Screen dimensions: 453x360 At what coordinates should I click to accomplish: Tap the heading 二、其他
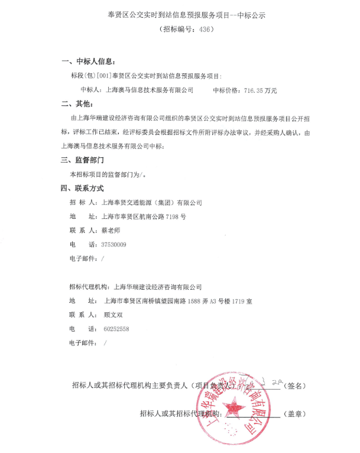[77, 104]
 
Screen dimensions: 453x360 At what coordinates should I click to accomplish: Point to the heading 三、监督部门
[83, 160]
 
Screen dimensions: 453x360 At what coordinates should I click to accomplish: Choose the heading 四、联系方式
[83, 188]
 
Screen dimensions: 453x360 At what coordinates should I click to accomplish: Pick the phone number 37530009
[114, 244]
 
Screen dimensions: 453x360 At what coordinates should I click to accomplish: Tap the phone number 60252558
[116, 329]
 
